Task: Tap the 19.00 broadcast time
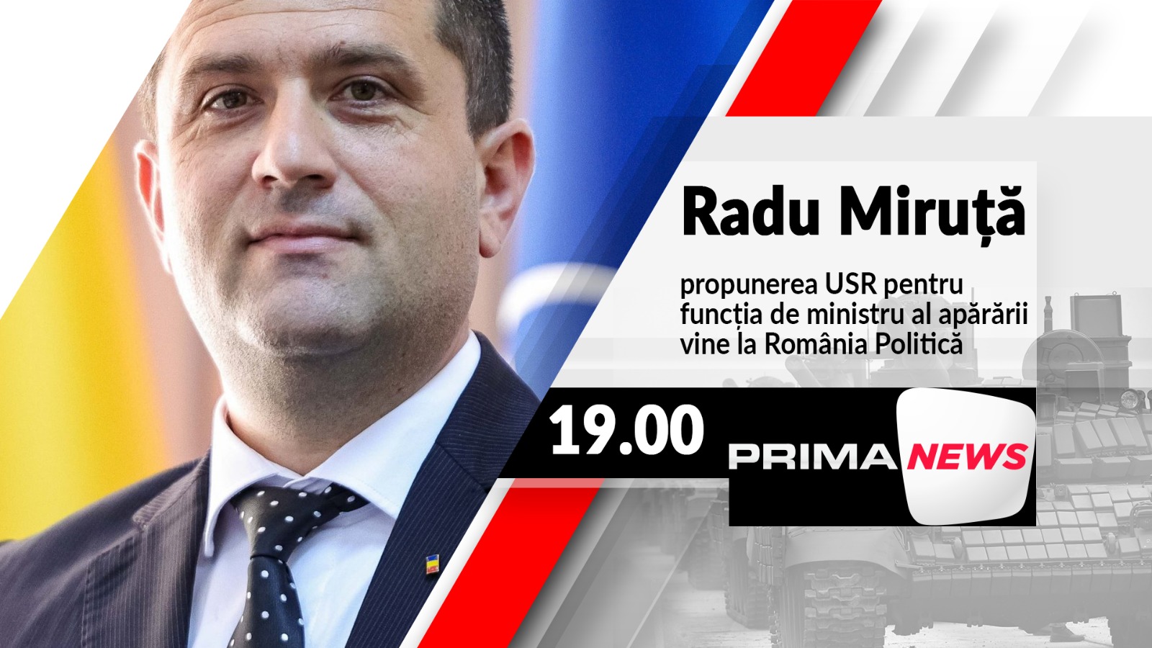coord(626,430)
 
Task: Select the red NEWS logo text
coord(968,456)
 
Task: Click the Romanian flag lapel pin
coord(433,564)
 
